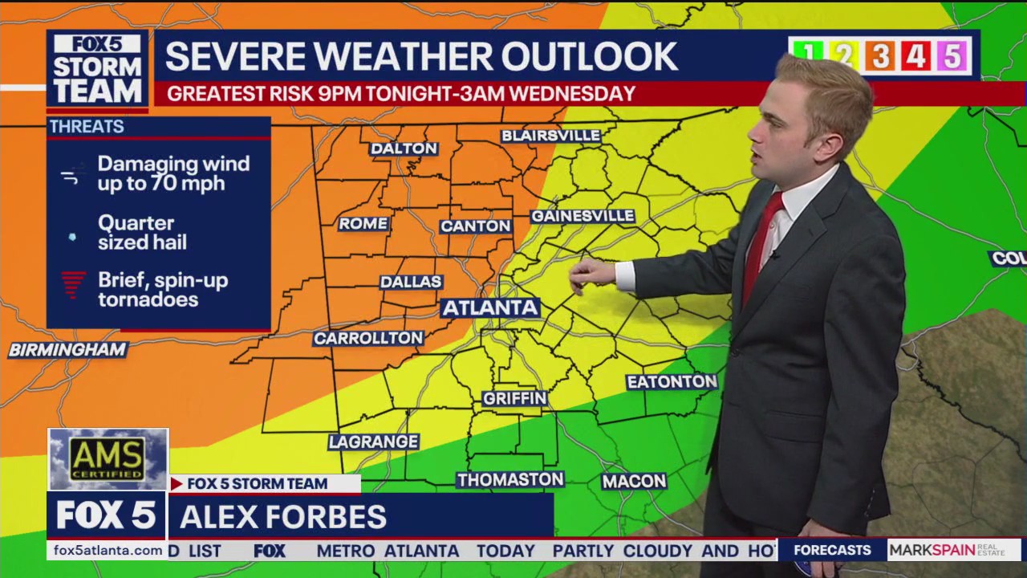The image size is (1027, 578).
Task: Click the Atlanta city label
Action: tap(490, 307)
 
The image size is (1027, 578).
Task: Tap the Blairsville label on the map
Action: tap(551, 136)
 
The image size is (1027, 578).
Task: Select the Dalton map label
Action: tap(404, 149)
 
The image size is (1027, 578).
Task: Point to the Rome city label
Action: tap(363, 224)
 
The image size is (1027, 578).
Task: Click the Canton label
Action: tap(476, 226)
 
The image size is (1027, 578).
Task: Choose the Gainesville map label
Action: tap(583, 216)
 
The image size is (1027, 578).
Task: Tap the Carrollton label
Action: tap(368, 338)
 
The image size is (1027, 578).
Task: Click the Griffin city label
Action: tap(515, 398)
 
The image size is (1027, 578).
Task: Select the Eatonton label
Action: tap(672, 381)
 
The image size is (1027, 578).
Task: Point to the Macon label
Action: tap(634, 481)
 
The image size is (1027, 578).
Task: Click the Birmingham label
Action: tap(68, 350)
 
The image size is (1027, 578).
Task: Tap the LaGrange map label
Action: tap(374, 442)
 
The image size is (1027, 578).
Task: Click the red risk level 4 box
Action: tap(915, 56)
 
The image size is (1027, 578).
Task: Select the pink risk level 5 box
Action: tap(952, 56)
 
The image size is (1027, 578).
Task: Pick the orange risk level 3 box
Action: tap(880, 56)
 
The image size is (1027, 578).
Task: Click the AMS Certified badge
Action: tap(108, 459)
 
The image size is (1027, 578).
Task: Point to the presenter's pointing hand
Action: tap(591, 276)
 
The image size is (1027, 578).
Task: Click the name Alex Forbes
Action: tap(283, 516)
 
